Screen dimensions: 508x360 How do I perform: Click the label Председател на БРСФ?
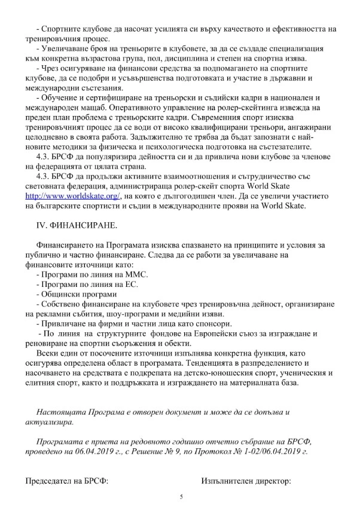66,481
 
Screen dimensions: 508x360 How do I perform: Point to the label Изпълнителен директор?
246,481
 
